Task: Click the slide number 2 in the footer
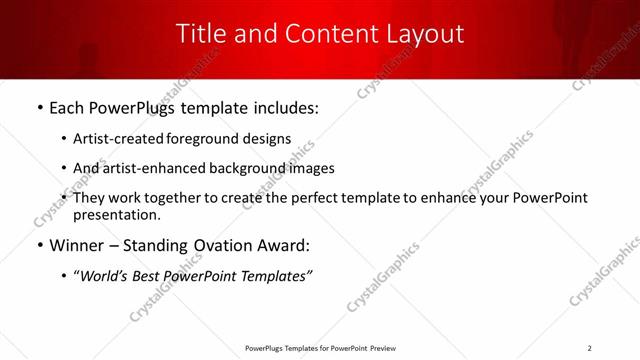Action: (x=590, y=348)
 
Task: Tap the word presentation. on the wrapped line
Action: (x=117, y=214)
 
